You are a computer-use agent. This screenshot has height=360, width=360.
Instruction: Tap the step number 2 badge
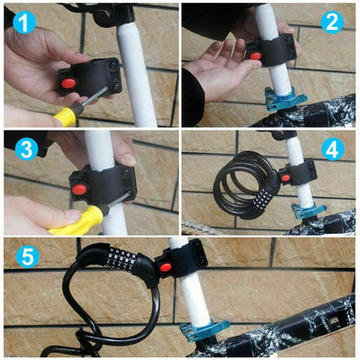coord(332,22)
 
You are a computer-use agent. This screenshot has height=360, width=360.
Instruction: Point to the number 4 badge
coord(332,148)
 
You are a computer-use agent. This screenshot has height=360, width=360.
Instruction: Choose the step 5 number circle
coord(28,257)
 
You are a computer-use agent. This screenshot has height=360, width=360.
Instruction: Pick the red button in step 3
coord(77,191)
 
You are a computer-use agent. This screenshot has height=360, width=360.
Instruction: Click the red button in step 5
coord(164,266)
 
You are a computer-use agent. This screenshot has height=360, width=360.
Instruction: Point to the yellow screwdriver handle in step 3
coord(77,220)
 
